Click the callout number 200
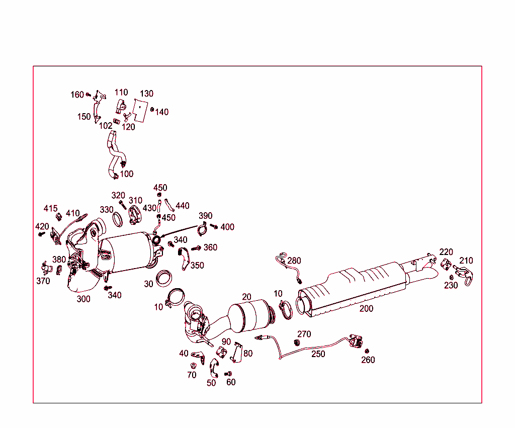click(366, 308)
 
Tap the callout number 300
click(83, 299)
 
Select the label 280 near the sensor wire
click(294, 261)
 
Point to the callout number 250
click(318, 354)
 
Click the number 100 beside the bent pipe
click(127, 174)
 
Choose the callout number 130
click(146, 94)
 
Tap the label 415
click(50, 208)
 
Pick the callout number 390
click(205, 216)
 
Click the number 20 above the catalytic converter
click(246, 297)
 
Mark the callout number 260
click(368, 360)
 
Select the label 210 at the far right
click(466, 261)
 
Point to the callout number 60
click(231, 382)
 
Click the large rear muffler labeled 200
click(352, 289)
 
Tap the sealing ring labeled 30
click(163, 278)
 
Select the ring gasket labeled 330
click(117, 219)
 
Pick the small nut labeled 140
click(153, 109)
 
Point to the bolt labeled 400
click(214, 227)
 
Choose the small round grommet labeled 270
click(296, 342)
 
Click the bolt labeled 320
click(122, 204)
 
